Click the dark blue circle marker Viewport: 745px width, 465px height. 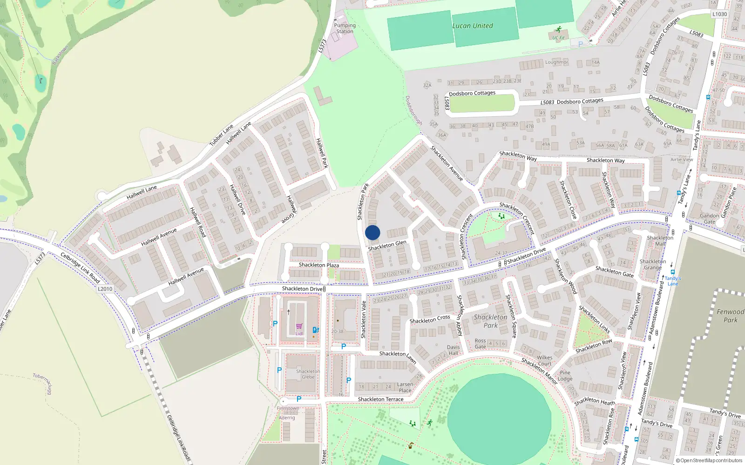click(372, 232)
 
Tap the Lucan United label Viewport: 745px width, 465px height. click(472, 26)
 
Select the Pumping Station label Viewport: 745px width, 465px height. click(345, 28)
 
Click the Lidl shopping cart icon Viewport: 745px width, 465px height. click(299, 326)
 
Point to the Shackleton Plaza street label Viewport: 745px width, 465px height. click(319, 265)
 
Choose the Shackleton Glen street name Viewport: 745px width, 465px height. click(387, 245)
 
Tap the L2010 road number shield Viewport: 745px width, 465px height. click(105, 289)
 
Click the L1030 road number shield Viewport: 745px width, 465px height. click(719, 14)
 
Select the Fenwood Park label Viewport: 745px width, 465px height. click(730, 316)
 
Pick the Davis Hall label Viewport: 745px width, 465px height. click(453, 350)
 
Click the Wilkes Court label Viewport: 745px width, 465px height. click(544, 361)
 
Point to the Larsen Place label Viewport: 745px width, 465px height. click(405, 387)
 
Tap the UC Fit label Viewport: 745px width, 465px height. click(558, 38)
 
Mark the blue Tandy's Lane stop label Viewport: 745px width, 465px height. click(673, 281)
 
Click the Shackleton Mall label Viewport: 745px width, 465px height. click(660, 240)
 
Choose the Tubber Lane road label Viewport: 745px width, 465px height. click(221, 135)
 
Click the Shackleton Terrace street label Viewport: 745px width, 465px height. click(380, 399)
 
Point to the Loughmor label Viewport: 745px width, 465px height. click(556, 62)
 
